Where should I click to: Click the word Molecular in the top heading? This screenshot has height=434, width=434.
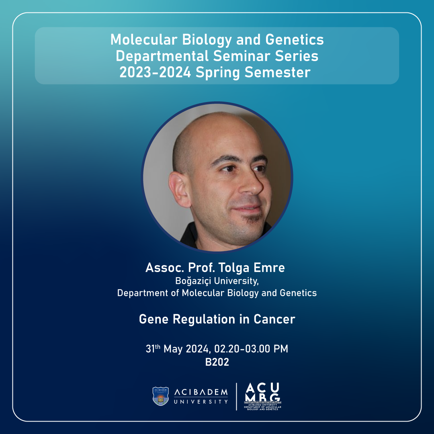tap(143, 39)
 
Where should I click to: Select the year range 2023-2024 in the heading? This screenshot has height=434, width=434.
tap(155, 72)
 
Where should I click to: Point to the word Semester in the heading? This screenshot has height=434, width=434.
tap(277, 72)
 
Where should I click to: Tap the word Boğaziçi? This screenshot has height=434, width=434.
tap(193, 281)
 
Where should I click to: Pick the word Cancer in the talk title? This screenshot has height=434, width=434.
tap(274, 319)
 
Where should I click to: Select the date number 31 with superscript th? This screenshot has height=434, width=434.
tap(153, 348)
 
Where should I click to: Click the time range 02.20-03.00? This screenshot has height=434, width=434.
tap(242, 349)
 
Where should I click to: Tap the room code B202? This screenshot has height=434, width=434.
tap(217, 362)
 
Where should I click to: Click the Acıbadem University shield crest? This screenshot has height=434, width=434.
tap(160, 396)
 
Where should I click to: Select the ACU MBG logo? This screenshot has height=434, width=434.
tap(262, 396)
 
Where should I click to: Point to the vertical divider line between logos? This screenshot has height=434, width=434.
tap(236, 397)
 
